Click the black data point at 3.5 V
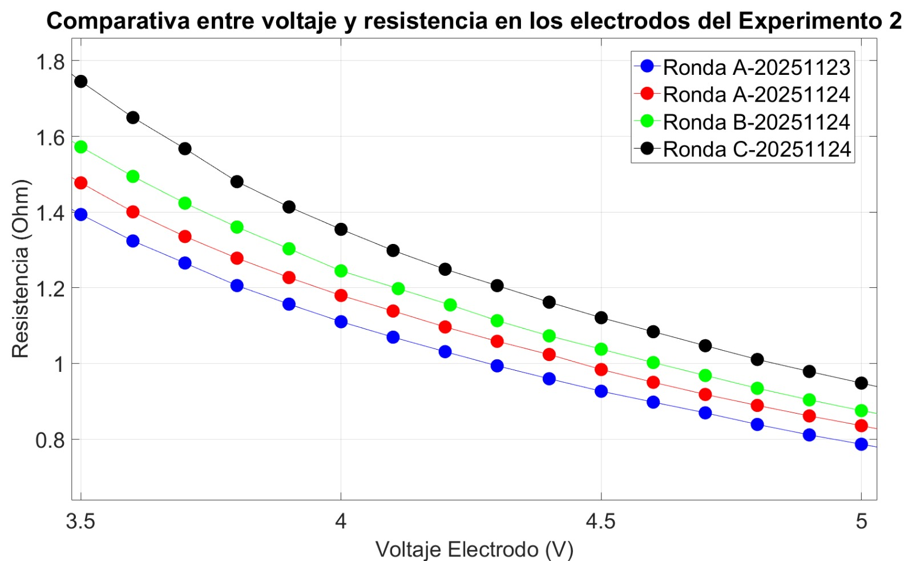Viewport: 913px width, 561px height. tap(80, 81)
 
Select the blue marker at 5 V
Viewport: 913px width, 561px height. tap(861, 444)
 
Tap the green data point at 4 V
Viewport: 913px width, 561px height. tap(341, 270)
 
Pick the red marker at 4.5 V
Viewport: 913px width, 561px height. tap(601, 369)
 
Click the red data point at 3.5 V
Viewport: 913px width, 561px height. tap(80, 183)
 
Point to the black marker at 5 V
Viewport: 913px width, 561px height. tap(861, 383)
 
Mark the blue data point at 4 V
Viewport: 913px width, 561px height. tap(341, 322)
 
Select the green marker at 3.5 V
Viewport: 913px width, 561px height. tap(80, 147)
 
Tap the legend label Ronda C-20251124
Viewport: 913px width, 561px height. tap(756, 149)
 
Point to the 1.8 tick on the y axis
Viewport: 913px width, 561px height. tap(50, 61)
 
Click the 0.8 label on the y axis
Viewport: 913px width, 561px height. tap(50, 440)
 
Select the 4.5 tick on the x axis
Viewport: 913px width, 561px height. tap(601, 521)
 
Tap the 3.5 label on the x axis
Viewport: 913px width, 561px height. tap(80, 521)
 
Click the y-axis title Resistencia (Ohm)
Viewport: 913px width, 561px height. tap(20, 269)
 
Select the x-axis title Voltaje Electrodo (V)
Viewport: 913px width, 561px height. tap(474, 549)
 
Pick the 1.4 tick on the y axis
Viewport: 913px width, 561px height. tap(50, 213)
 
